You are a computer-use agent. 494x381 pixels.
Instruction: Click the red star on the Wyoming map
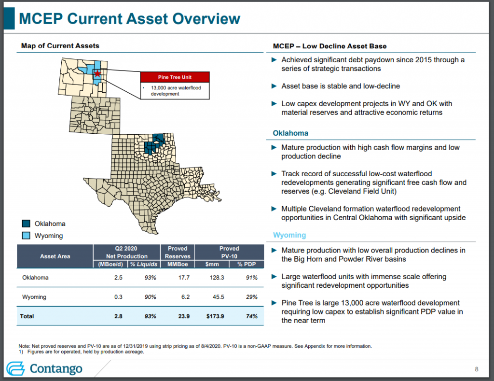pyautogui.click(x=97, y=74)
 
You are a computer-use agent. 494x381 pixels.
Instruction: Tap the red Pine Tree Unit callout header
pyautogui.click(x=174, y=77)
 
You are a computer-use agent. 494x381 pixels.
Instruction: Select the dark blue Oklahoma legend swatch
pyautogui.click(x=27, y=224)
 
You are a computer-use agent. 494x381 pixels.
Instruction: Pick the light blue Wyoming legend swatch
pyautogui.click(x=27, y=236)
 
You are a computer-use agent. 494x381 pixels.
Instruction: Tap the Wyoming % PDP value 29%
pyautogui.click(x=251, y=297)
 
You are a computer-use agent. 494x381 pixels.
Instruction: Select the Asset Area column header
pyautogui.click(x=55, y=256)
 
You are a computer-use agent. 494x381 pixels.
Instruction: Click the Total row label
pyautogui.click(x=27, y=316)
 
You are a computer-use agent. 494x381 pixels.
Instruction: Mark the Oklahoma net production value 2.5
pyautogui.click(x=118, y=278)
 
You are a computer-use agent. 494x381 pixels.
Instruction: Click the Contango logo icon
pyautogui.click(x=16, y=368)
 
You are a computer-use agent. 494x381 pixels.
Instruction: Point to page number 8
pyautogui.click(x=477, y=369)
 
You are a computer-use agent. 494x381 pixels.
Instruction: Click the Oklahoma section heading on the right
pyautogui.click(x=290, y=133)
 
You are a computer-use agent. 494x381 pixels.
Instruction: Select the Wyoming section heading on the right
pyautogui.click(x=289, y=235)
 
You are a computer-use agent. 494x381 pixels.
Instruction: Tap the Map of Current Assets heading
pyautogui.click(x=60, y=46)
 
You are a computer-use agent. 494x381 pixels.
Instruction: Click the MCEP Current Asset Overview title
pyautogui.click(x=129, y=19)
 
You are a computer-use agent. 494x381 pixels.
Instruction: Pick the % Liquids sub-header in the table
pyautogui.click(x=144, y=264)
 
